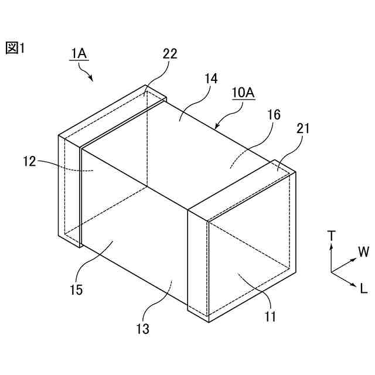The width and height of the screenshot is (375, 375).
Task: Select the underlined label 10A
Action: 243,93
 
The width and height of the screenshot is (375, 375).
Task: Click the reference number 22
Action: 170,53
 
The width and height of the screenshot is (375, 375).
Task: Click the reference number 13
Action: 143,329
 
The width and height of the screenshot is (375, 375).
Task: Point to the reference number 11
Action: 270,317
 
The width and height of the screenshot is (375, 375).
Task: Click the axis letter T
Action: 332,236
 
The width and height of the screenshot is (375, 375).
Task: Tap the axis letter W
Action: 363,253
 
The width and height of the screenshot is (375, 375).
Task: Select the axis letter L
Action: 363,288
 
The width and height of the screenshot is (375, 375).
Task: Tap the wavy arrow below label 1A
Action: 87,73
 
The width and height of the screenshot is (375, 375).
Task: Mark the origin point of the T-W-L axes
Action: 332,272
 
